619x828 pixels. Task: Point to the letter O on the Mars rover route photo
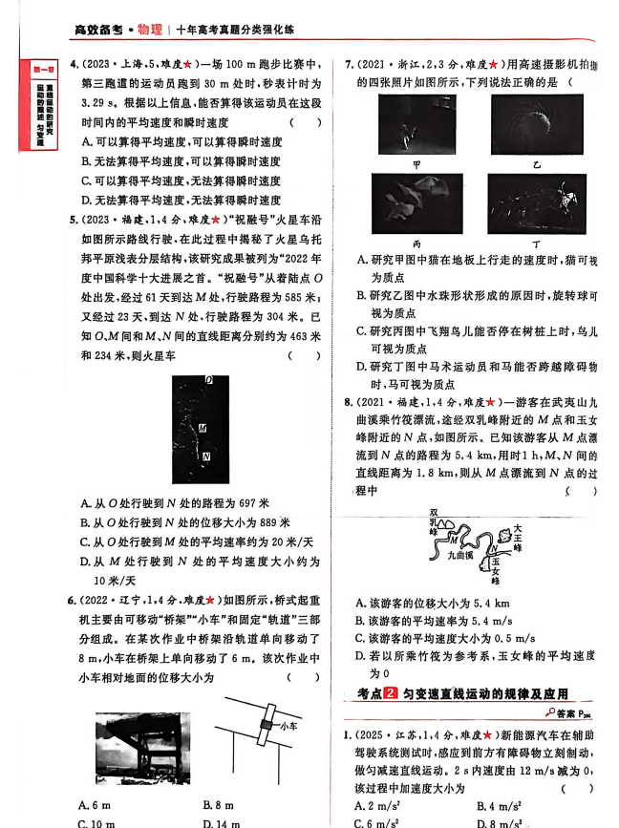pos(208,380)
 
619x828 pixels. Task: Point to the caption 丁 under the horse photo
pos(536,243)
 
